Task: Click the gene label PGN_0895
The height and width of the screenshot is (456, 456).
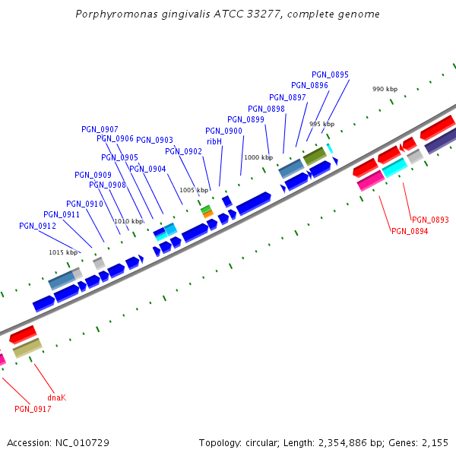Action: tap(330, 74)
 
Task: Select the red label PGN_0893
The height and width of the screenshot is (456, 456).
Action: tap(430, 220)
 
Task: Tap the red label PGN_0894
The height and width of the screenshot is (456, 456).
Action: tap(410, 231)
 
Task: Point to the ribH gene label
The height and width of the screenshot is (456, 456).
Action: tap(214, 141)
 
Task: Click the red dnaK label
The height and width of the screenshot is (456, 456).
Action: tap(56, 397)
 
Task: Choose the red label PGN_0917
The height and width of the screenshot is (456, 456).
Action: tap(33, 409)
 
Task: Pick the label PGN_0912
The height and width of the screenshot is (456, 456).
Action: tap(37, 226)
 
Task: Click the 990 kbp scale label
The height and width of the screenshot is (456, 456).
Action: tap(385, 89)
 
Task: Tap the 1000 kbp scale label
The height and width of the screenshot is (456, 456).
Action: tap(258, 157)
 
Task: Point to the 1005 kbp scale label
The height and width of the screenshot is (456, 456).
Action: tap(193, 190)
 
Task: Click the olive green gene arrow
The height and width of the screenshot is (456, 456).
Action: tap(315, 157)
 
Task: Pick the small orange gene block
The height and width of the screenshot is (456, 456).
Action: tap(207, 214)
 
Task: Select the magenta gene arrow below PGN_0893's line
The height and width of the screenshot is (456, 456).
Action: tap(370, 180)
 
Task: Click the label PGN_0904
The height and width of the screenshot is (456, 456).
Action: tap(147, 169)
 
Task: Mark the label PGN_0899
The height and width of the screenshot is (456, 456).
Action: tap(245, 119)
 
